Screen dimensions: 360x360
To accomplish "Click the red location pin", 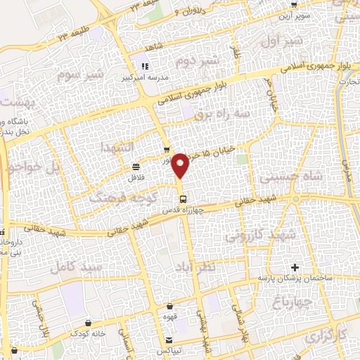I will point(182,165).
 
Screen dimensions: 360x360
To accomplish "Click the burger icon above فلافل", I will point(134,167).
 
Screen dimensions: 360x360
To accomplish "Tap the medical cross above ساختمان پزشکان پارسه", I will point(295,267).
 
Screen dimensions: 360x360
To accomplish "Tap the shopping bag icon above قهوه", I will point(169,306).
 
